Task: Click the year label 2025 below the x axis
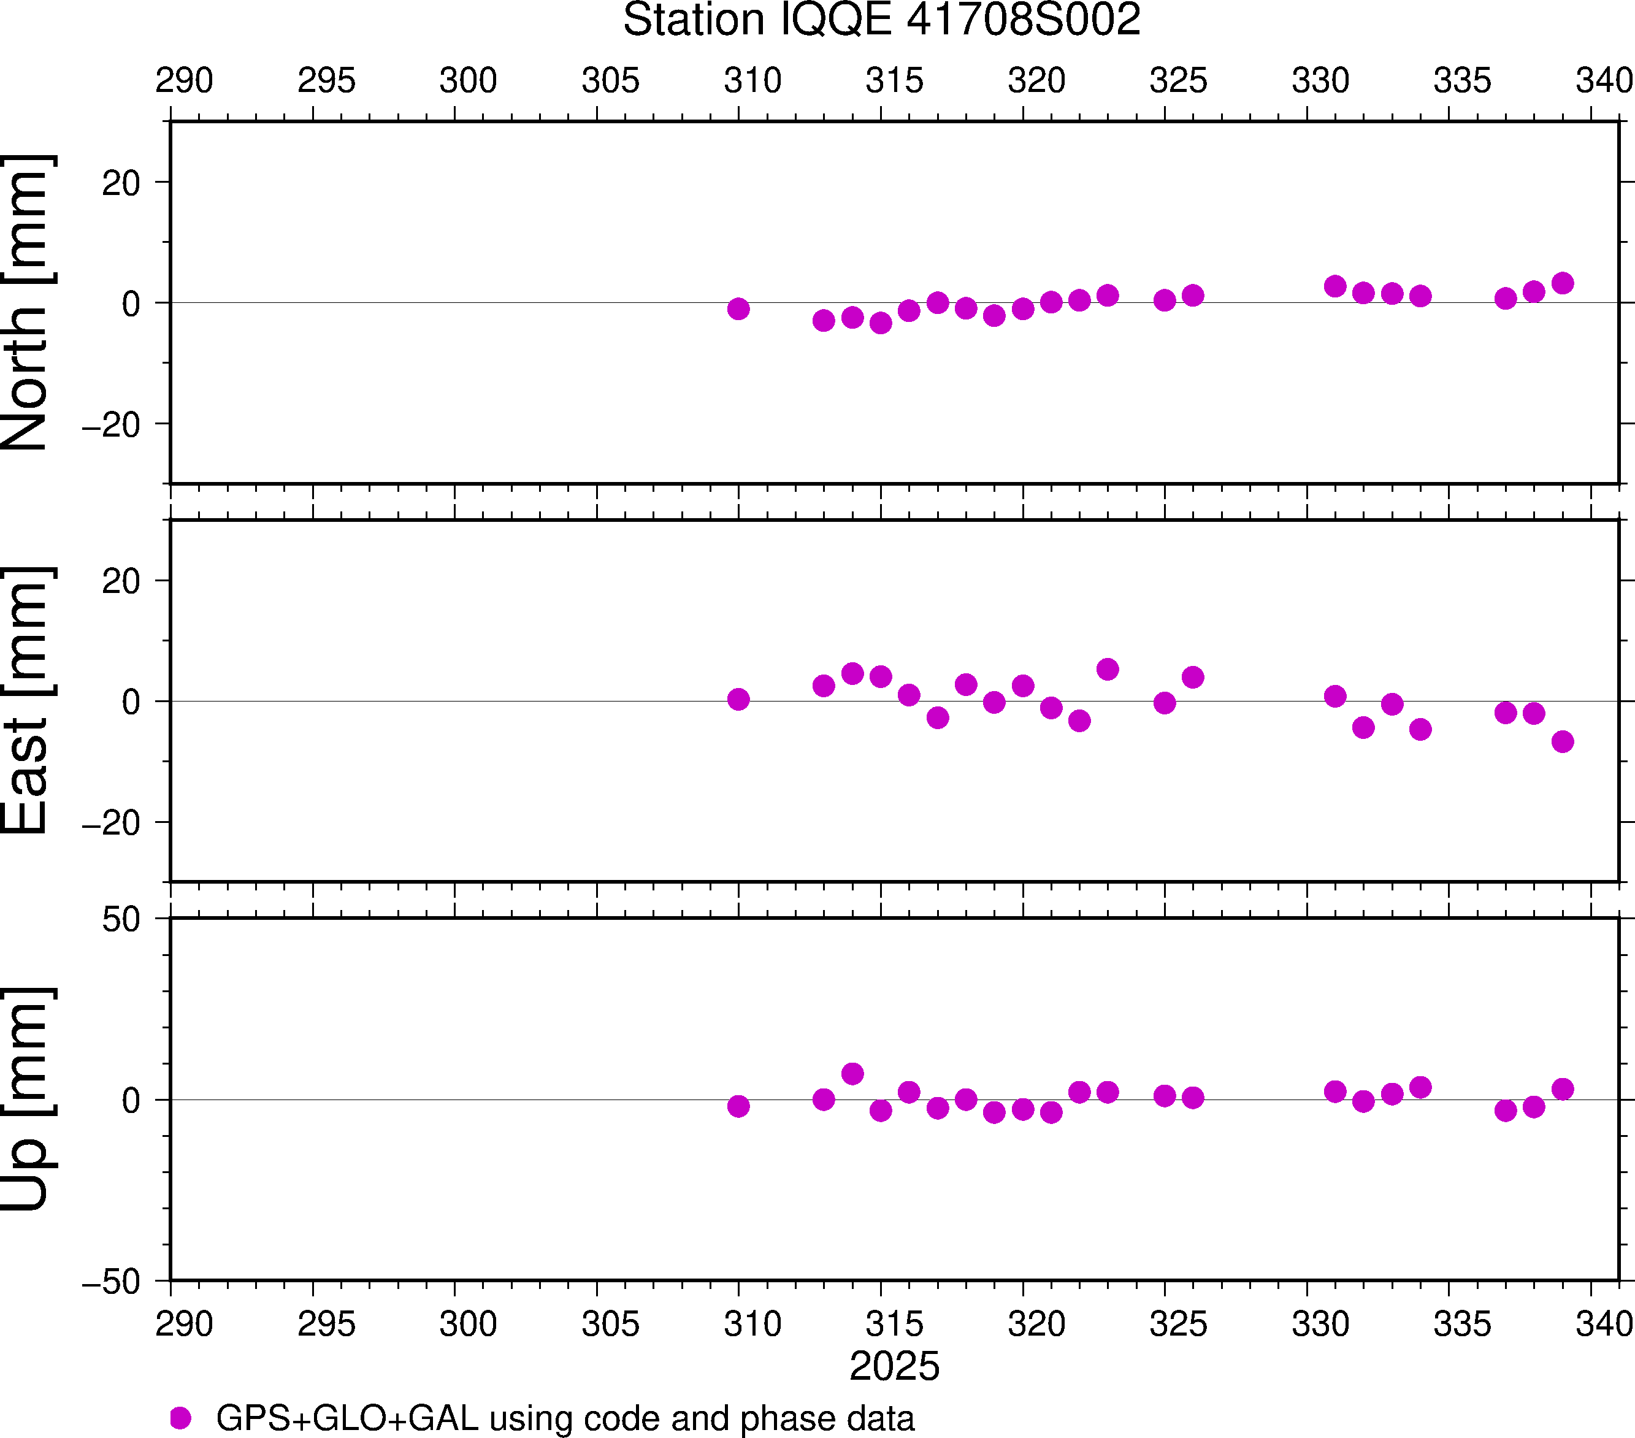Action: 894,1366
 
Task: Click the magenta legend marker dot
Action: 181,1418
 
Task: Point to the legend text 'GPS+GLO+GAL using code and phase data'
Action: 565,1418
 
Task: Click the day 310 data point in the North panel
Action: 738,308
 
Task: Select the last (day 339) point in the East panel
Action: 1562,741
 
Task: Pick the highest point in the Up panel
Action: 852,1073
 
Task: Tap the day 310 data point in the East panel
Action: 738,699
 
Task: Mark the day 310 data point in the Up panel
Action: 738,1106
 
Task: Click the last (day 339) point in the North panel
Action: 1562,283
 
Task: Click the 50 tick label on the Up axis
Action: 121,920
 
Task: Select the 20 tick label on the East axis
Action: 121,581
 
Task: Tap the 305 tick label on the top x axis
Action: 610,81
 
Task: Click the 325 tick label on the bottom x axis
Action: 1178,1323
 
